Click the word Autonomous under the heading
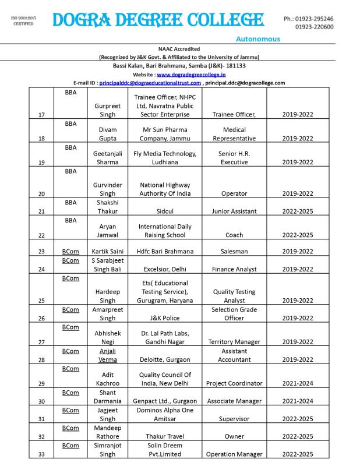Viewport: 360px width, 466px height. (258, 39)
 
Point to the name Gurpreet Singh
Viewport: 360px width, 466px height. (108, 110)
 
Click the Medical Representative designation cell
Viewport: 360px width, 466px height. (234, 134)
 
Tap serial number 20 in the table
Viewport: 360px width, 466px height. (41, 193)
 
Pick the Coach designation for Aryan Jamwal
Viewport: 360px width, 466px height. (234, 235)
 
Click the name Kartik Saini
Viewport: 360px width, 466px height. (108, 251)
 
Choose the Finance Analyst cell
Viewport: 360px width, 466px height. (234, 269)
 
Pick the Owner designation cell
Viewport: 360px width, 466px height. (234, 436)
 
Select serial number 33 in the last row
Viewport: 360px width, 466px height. (41, 454)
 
